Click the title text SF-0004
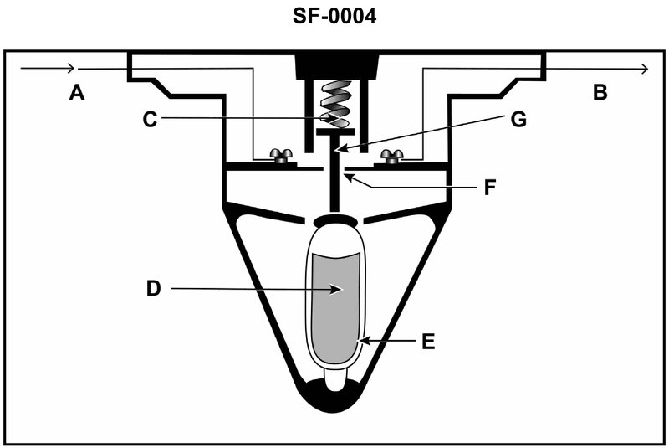334,17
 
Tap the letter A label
77,92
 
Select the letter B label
600,92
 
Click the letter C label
150,120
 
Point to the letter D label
154,289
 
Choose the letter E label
428,342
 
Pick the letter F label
490,187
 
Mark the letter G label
518,120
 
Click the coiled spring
335,104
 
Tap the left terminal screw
280,156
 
